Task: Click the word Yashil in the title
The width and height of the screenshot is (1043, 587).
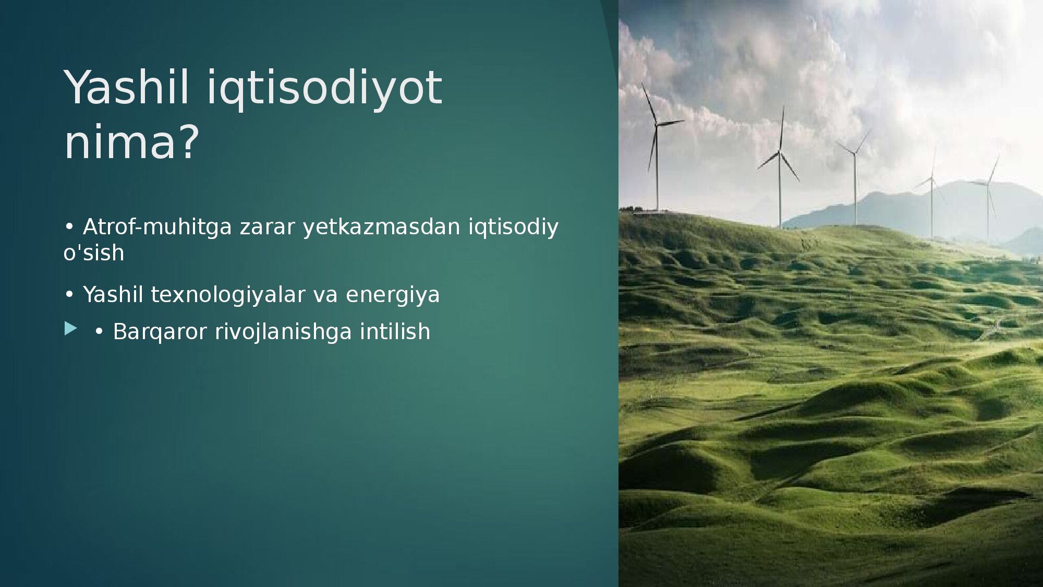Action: (x=126, y=88)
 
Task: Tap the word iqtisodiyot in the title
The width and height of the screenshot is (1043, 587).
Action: (x=324, y=89)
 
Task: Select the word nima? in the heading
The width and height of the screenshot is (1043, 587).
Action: (x=131, y=141)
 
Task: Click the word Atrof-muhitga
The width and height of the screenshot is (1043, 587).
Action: (x=157, y=227)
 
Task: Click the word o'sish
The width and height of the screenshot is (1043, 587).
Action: (x=94, y=253)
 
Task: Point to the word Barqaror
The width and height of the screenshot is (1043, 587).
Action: (x=160, y=332)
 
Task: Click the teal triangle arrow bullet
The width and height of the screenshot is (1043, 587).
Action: (x=70, y=328)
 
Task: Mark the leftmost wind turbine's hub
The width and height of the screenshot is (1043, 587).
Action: (x=657, y=125)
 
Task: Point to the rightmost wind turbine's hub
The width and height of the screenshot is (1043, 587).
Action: (x=987, y=183)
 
